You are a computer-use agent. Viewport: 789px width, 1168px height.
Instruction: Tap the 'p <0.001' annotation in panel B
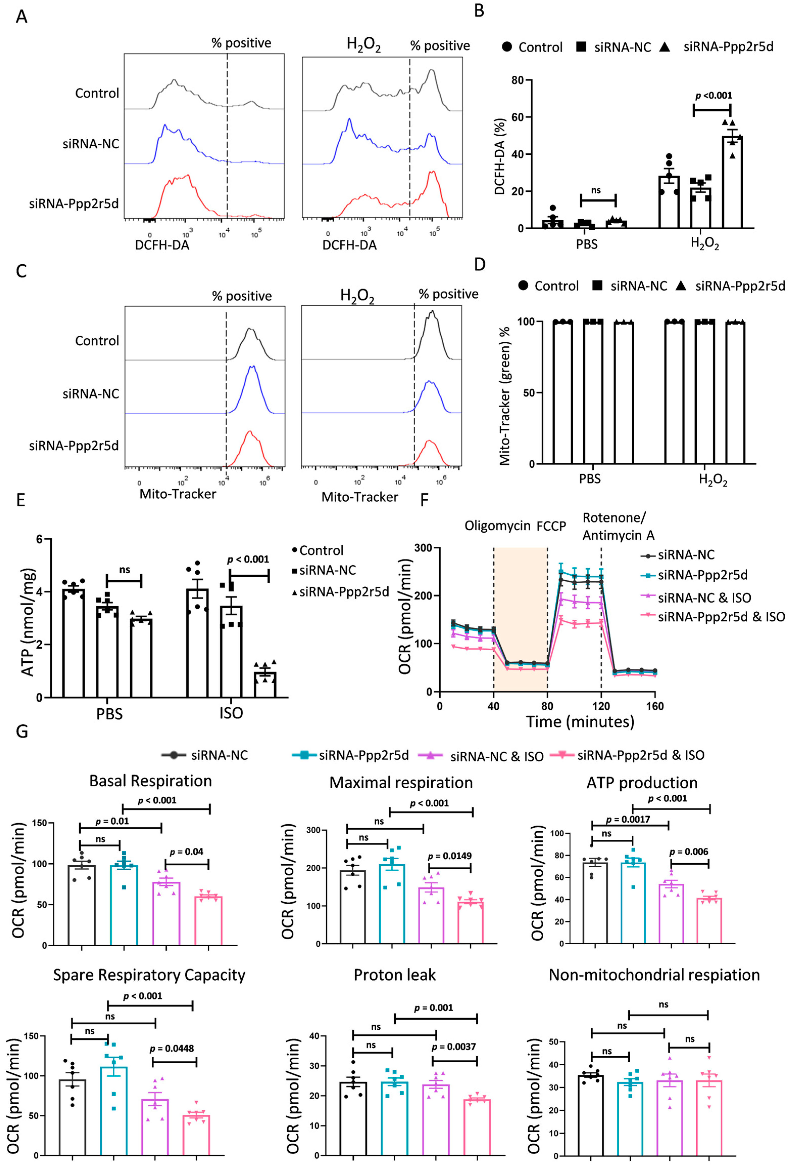coord(713,95)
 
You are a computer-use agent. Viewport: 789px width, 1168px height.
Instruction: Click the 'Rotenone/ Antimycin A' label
coord(618,526)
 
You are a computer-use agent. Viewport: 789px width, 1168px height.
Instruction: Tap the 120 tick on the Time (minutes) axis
coord(601,706)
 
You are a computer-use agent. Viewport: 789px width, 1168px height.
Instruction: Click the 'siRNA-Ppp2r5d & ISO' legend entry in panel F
coord(721,617)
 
